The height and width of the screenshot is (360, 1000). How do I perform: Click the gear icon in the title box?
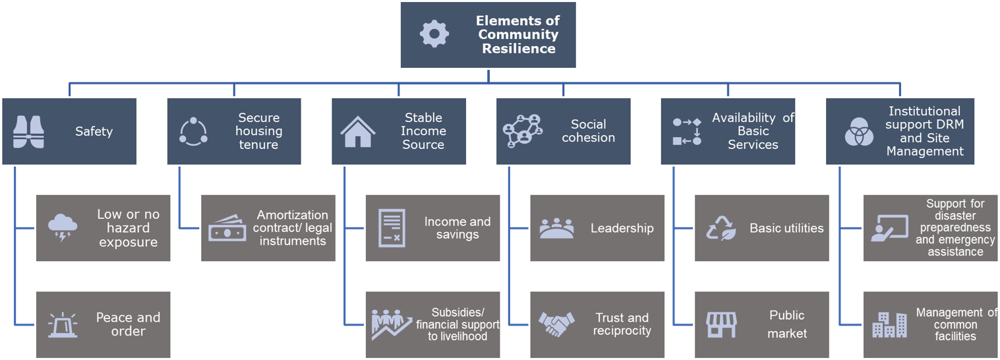[434, 34]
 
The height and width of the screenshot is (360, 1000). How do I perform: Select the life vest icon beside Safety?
[28, 132]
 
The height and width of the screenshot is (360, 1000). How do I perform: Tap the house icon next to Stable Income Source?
[358, 132]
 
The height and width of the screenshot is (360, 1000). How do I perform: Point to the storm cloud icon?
[63, 228]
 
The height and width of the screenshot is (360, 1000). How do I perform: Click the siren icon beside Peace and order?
[63, 325]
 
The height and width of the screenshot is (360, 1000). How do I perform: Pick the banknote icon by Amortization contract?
[227, 228]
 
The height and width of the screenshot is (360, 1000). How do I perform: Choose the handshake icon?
[556, 324]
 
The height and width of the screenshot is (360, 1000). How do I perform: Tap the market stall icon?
[721, 325]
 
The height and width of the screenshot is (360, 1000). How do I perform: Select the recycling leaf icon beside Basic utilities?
[721, 228]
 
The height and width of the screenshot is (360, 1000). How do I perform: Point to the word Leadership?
[622, 229]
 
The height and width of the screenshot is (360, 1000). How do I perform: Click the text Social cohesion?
[589, 131]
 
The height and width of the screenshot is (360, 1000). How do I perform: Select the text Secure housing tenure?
[259, 131]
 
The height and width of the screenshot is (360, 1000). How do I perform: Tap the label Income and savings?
[457, 228]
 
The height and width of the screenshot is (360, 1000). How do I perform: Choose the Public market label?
[787, 324]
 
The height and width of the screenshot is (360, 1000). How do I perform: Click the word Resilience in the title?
[519, 49]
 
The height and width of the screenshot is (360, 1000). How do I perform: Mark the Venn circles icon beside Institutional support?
[859, 132]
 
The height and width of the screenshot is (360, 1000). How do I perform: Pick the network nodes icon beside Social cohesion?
[522, 131]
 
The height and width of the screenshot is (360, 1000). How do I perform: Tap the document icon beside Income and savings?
[392, 228]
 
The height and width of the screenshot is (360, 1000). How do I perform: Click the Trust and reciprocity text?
[622, 324]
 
